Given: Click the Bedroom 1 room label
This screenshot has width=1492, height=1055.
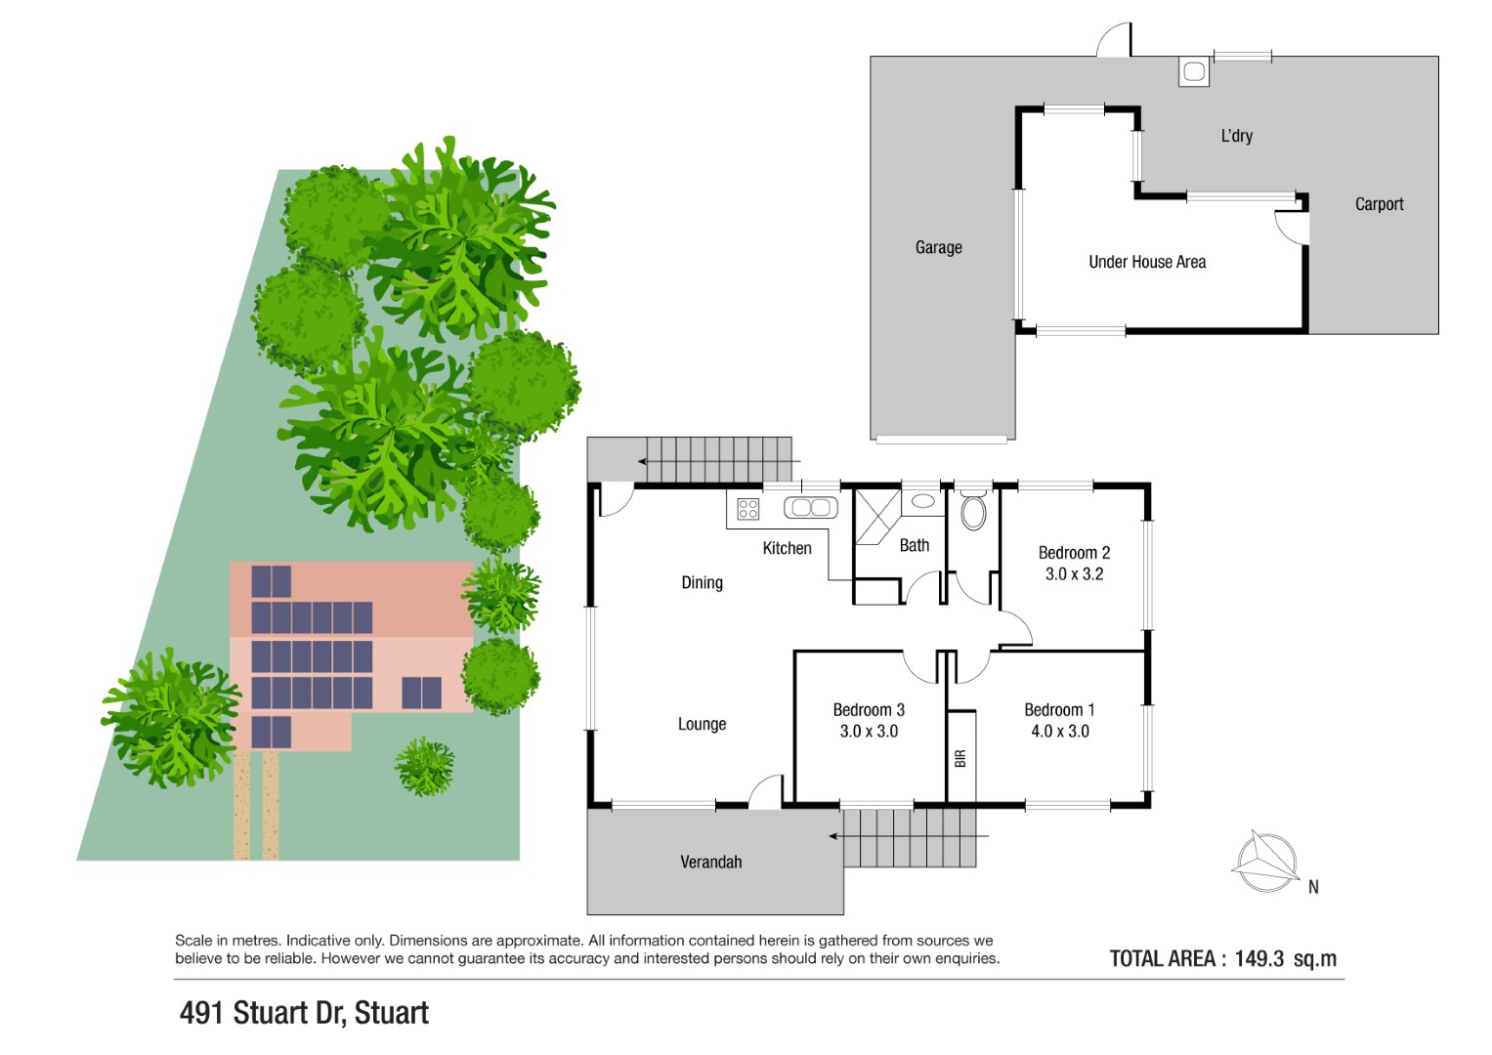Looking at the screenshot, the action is pos(1059,710).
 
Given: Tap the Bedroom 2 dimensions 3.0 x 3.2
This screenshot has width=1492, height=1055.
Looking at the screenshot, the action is pos(1074,574).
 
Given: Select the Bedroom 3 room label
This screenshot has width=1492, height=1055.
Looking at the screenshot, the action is pos(869,710).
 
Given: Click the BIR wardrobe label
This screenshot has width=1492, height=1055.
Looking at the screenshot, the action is pos(960,759).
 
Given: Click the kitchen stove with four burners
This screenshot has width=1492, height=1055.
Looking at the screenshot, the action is pos(748,509).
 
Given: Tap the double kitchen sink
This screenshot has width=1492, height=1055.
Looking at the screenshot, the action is pos(811,508).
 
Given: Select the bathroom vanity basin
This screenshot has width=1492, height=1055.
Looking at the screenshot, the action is pos(922,501).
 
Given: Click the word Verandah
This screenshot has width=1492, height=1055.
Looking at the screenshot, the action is pos(710,862).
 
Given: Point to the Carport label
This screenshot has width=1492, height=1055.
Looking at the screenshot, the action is pos(1379,204).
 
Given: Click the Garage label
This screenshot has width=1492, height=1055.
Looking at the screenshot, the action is pos(939,247).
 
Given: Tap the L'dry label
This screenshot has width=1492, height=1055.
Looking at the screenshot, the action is pos(1236,136).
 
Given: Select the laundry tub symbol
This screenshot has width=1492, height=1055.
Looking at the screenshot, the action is pos(1194,72).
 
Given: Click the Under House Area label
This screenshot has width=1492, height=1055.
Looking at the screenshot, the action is pos(1147,262).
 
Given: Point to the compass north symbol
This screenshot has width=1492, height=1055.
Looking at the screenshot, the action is pos(1267,863).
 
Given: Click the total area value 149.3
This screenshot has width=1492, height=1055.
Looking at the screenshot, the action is pos(1258,958).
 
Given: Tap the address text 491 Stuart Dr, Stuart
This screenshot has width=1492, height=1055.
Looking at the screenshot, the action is pos(305,1013).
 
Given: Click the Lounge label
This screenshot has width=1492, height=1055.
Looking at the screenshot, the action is pos(703,724).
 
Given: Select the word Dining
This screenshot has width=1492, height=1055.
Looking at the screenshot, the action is pos(703,583).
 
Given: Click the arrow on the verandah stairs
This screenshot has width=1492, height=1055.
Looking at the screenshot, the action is pos(909,836).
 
